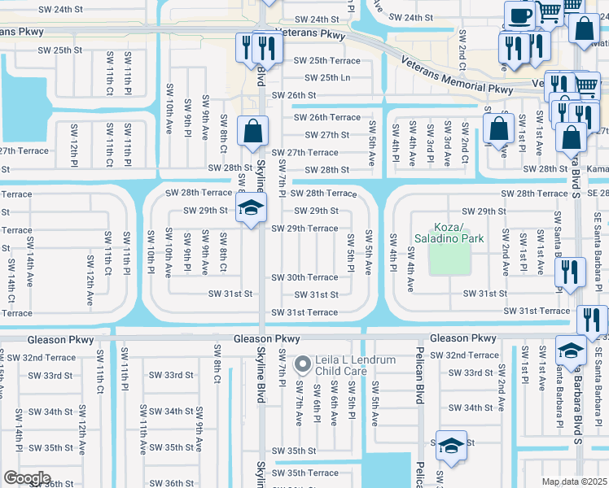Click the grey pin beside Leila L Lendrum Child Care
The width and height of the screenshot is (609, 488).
point(302,364)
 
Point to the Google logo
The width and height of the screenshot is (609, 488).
point(26,478)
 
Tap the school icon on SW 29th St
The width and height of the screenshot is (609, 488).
point(252,209)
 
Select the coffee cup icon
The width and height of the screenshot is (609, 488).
point(519,16)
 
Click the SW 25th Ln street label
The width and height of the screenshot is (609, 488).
point(327,78)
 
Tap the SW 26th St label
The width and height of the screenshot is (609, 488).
point(293,95)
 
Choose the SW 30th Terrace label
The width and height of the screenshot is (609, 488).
point(304,278)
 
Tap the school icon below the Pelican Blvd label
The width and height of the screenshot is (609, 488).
point(450,446)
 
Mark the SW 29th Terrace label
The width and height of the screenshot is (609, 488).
point(304,229)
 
